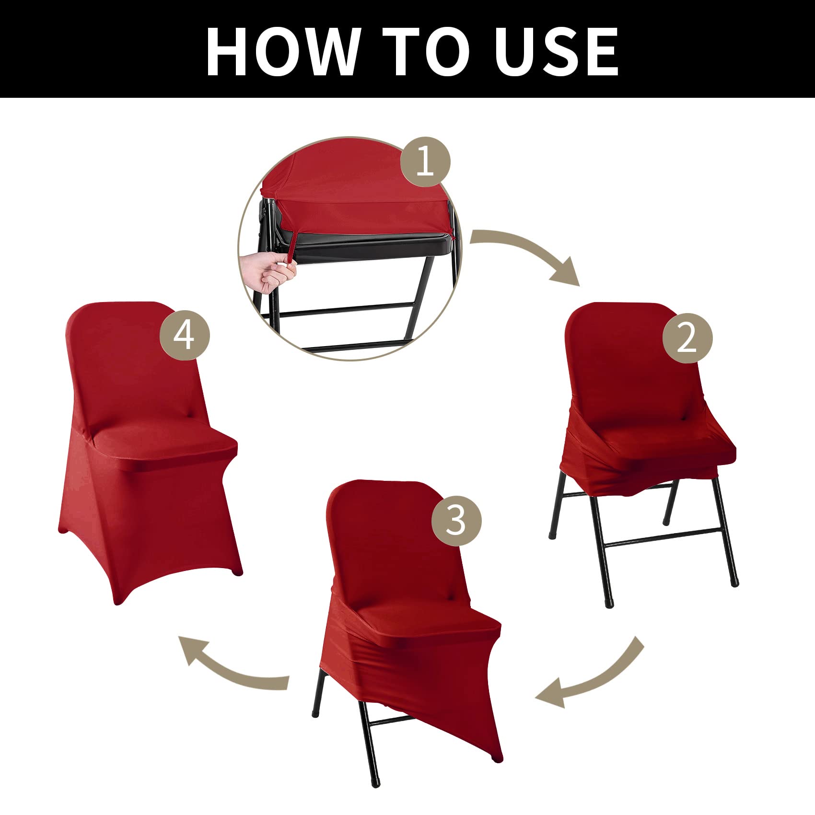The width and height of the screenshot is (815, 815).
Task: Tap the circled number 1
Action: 425,162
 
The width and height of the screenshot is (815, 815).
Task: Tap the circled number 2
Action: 687,338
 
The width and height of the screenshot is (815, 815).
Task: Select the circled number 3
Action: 456,520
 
